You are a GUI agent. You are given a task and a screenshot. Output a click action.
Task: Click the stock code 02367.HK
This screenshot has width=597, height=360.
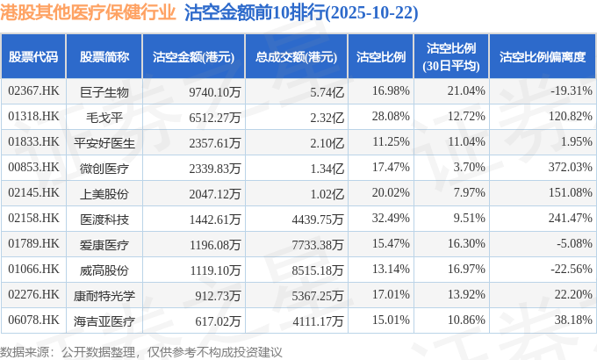(33, 90)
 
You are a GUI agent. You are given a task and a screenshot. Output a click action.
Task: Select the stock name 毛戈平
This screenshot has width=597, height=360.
(104, 116)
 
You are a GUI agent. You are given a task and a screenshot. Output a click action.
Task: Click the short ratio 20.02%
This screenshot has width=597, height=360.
(391, 192)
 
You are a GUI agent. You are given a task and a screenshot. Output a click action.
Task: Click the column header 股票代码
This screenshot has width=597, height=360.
(33, 57)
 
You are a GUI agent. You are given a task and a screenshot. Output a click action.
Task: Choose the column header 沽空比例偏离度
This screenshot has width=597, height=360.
(542, 57)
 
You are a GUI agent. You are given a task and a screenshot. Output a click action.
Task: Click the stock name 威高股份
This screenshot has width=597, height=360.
(104, 269)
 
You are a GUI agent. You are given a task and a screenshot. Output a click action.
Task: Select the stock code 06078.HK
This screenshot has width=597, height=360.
(33, 320)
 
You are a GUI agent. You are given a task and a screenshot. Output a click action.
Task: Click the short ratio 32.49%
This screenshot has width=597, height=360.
(391, 218)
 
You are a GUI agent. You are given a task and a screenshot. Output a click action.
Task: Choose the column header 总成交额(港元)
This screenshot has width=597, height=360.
(296, 57)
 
